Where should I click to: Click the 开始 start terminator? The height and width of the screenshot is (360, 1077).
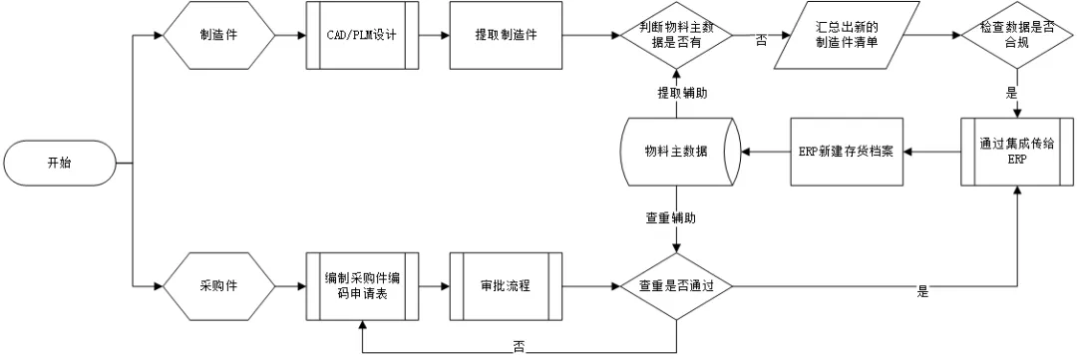[x=60, y=164]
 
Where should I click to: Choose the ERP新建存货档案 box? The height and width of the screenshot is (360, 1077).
[x=847, y=153]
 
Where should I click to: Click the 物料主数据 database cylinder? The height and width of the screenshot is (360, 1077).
[x=676, y=153]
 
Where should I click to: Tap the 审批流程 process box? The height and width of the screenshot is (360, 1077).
[x=506, y=285]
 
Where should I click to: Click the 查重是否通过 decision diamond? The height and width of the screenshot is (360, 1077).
[x=676, y=285]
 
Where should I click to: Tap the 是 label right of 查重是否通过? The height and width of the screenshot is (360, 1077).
[x=921, y=292]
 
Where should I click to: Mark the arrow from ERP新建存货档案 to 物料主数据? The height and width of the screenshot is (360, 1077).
[x=763, y=153]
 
